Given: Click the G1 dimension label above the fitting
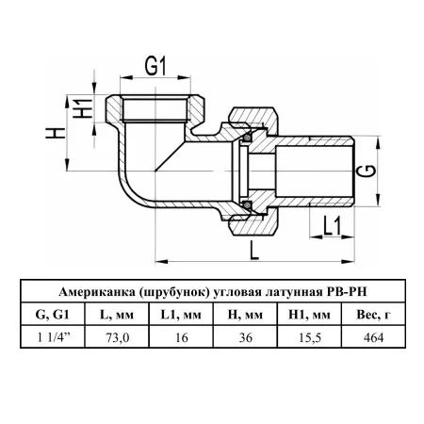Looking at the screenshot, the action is [x=155, y=66].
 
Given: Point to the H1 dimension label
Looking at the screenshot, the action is [x=83, y=108].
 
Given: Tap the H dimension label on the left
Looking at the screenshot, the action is [x=56, y=133].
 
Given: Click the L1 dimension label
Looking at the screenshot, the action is [x=332, y=226].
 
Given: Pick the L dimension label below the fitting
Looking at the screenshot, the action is [x=254, y=251].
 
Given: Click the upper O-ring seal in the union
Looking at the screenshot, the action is [x=248, y=138].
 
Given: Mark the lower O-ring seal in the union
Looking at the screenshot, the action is [x=248, y=205].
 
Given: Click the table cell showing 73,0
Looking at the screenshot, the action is [x=117, y=337].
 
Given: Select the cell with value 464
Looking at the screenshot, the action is [x=373, y=337].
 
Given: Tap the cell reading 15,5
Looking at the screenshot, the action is [x=309, y=337].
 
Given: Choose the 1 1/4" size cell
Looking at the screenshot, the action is [x=54, y=337].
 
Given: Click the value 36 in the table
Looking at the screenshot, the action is [x=245, y=337].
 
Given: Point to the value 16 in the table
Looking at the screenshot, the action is [x=182, y=337].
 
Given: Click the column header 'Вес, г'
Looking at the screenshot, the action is [x=374, y=315].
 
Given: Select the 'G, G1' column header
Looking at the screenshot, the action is [x=53, y=315].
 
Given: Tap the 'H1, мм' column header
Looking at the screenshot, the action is [x=309, y=315].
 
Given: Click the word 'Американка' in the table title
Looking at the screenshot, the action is [x=96, y=292].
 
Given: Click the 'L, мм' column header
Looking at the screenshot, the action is [x=117, y=315].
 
